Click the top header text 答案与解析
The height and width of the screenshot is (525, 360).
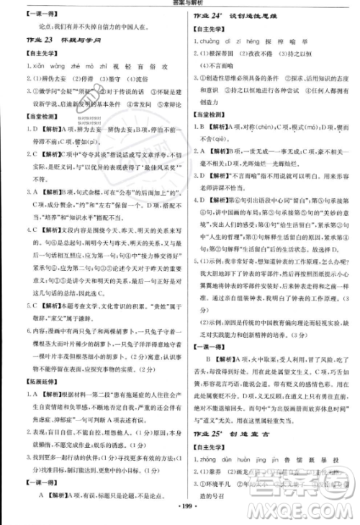pos(180,5)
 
